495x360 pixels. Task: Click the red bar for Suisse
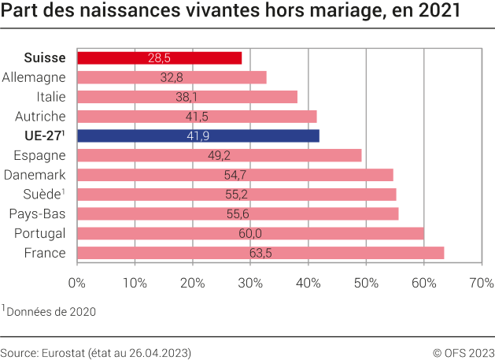click(x=159, y=58)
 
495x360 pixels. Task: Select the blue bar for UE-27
click(x=198, y=135)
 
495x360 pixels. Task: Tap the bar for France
click(x=260, y=253)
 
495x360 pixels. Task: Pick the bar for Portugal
click(x=250, y=233)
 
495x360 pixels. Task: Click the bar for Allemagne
click(x=172, y=77)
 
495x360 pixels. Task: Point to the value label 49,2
click(x=219, y=155)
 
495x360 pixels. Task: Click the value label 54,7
click(x=235, y=175)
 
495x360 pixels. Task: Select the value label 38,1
click(x=187, y=97)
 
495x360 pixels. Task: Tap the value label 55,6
click(x=237, y=213)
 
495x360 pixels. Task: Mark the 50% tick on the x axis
click(x=366, y=282)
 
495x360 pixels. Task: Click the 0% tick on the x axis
click(x=77, y=282)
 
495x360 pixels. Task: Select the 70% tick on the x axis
click(x=482, y=282)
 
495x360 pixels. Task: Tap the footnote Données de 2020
click(x=50, y=311)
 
